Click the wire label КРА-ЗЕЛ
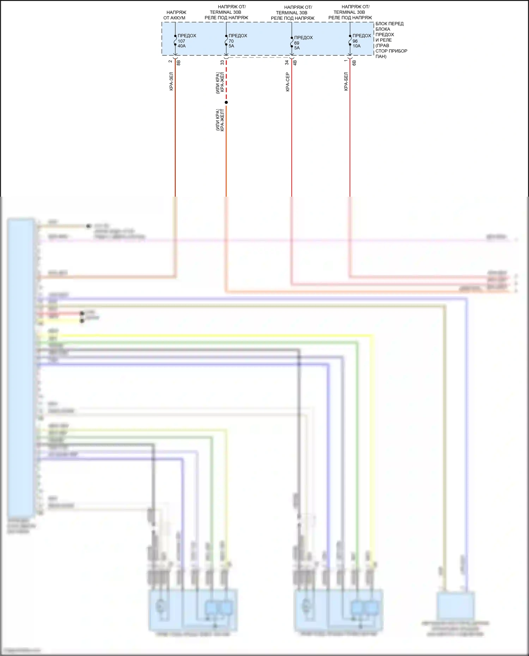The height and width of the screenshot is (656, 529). click(x=171, y=81)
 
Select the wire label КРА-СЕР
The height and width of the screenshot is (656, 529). click(x=287, y=82)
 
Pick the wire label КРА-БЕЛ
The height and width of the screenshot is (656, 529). click(x=346, y=81)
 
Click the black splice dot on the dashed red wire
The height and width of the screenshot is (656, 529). click(x=226, y=103)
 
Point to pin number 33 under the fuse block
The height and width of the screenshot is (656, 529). click(x=222, y=62)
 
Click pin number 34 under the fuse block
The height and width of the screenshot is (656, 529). click(x=287, y=62)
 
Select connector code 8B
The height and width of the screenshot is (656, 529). click(x=178, y=62)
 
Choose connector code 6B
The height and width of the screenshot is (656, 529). click(x=354, y=62)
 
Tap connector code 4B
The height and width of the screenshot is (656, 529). click(x=295, y=62)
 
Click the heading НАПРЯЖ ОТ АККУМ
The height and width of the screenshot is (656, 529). click(x=175, y=15)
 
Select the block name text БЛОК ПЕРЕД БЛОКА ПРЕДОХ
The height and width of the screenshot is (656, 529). click(x=389, y=29)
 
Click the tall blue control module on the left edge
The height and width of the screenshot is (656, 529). click(x=21, y=367)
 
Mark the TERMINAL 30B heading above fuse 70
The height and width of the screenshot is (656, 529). click(x=226, y=12)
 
